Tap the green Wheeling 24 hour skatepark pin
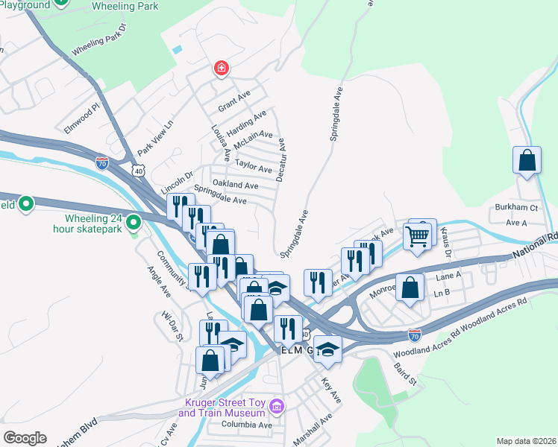pos(134,222)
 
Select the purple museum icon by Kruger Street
pos(277,407)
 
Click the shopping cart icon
pos(418,238)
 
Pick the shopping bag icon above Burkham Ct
pos(527,160)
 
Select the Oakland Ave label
pos(235,185)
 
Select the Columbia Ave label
pos(246,425)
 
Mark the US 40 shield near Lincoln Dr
pos(139,171)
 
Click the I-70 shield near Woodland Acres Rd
pos(414,335)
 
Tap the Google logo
pos(25,438)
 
